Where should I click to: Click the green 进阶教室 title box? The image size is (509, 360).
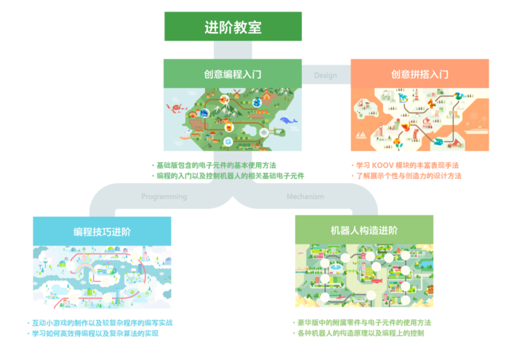[x=233, y=26]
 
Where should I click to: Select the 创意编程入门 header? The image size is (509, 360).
[x=233, y=73]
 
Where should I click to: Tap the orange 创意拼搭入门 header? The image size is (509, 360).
[x=420, y=73]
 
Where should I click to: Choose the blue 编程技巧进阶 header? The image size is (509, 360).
[x=102, y=231]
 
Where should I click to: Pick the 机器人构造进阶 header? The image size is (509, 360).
[x=364, y=230]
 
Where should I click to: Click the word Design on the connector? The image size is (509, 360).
[x=325, y=76]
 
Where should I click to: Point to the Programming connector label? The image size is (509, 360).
[x=164, y=196]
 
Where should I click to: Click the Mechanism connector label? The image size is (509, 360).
[x=305, y=196]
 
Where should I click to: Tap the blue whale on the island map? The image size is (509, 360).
[x=288, y=121]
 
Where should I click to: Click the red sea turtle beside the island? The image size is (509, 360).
[x=176, y=108]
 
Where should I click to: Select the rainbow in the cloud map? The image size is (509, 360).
[x=84, y=269]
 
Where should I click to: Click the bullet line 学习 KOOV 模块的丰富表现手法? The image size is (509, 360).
[x=406, y=165]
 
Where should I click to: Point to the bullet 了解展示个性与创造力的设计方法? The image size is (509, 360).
[x=406, y=176]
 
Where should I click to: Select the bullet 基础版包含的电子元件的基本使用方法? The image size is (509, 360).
[x=215, y=165]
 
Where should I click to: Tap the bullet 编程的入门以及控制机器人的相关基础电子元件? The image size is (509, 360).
[x=228, y=176]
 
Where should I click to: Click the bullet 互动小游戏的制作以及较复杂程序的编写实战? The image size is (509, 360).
[x=100, y=323]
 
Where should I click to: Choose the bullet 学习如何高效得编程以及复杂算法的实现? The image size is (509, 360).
[x=93, y=333]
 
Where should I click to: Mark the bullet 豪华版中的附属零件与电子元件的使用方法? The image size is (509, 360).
[x=362, y=322]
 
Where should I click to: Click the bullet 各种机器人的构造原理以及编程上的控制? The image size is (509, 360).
[x=358, y=333]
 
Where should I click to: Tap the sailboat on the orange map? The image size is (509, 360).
[x=361, y=135]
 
